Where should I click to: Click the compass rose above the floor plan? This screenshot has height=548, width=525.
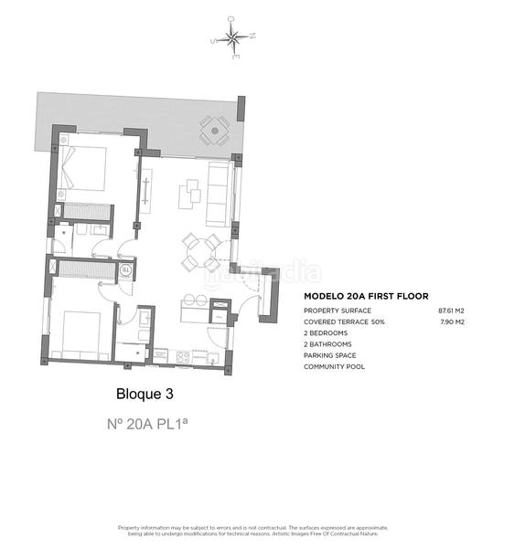point(233,38)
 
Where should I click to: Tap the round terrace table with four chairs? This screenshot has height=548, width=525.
point(215,131)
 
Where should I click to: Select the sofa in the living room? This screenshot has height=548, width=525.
point(220,193)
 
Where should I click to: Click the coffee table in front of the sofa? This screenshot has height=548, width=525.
point(193,190)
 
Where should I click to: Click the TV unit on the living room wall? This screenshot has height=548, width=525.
point(145,191)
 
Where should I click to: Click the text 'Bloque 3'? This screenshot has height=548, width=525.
point(144,395)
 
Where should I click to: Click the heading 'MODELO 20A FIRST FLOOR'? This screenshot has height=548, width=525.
point(361,297)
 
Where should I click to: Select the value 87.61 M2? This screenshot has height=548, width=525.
point(451,311)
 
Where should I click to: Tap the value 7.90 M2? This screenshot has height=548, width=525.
point(453,322)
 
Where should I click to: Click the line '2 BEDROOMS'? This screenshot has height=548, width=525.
point(326,333)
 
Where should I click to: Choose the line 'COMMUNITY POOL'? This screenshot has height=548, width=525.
point(335,366)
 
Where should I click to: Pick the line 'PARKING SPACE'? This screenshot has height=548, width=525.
point(330,355)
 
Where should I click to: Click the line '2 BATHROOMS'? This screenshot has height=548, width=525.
point(327,344)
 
